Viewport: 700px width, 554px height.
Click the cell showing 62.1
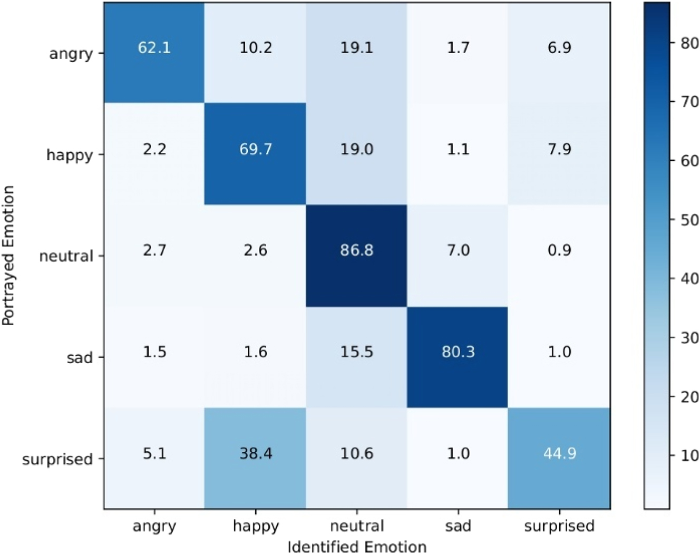[x=154, y=48]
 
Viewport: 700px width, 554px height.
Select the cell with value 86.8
[x=357, y=250]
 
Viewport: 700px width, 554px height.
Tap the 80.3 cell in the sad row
[x=458, y=352]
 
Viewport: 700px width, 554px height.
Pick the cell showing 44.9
[x=559, y=453]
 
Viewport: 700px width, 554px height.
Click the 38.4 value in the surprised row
[x=256, y=453]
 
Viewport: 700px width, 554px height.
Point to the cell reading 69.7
[x=256, y=149]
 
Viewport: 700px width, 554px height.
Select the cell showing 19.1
[x=357, y=48]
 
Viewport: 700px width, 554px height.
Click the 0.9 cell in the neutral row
[x=559, y=250]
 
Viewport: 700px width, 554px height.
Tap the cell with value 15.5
[x=357, y=352]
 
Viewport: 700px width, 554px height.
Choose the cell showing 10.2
[x=256, y=48]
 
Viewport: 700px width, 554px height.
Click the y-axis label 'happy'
[x=70, y=155]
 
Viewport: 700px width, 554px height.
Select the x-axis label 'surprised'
[x=559, y=526]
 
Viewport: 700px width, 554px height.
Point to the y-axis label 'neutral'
[x=66, y=257]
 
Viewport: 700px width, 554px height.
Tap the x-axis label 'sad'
[x=458, y=526]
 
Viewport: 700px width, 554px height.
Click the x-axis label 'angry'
[x=154, y=527]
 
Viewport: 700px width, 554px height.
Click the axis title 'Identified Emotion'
[x=357, y=547]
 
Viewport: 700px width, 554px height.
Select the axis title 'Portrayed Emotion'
[x=8, y=256]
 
